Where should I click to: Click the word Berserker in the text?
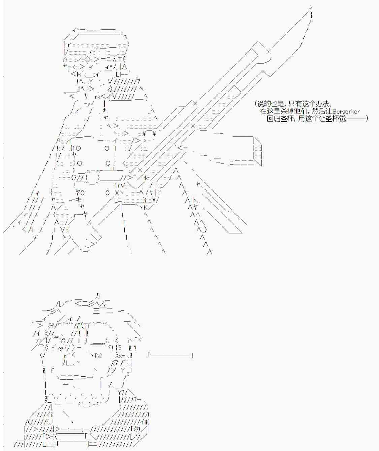[x=346, y=111]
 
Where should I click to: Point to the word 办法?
[x=323, y=104]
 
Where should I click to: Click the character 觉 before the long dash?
[x=342, y=119]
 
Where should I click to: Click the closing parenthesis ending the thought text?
[x=366, y=119]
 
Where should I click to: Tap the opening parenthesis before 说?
[x=256, y=104]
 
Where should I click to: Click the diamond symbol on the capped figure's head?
[x=88, y=59]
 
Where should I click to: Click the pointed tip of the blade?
[x=311, y=8]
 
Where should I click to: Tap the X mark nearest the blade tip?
[x=268, y=52]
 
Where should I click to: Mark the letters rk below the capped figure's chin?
[x=97, y=97]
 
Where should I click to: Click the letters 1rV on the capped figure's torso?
[x=120, y=185]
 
